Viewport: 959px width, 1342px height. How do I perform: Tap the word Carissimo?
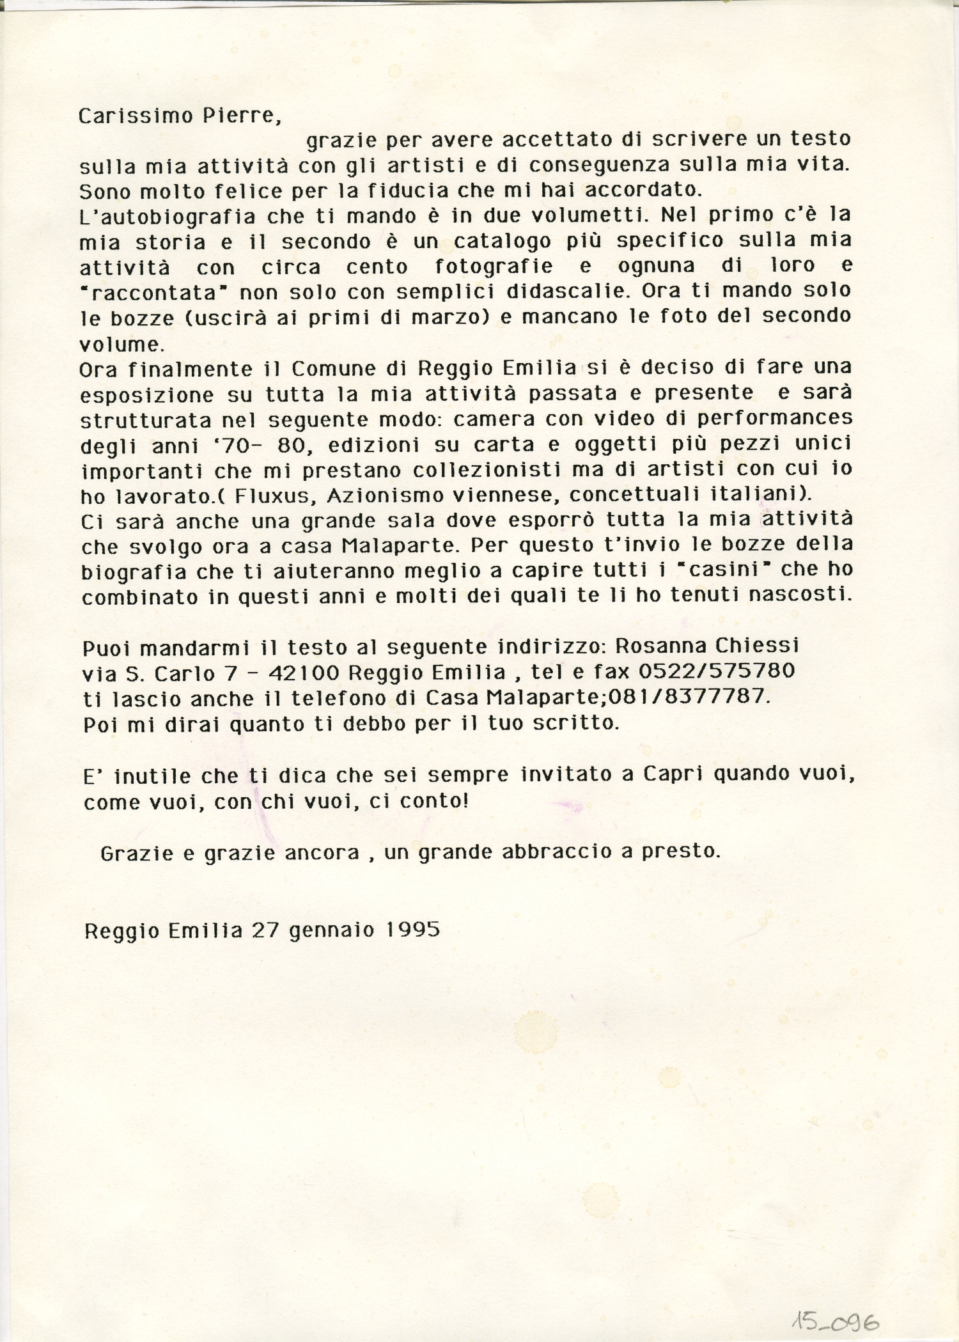[135, 116]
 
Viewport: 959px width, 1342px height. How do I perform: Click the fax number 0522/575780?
[716, 671]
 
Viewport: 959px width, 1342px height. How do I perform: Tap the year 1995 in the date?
[413, 929]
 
